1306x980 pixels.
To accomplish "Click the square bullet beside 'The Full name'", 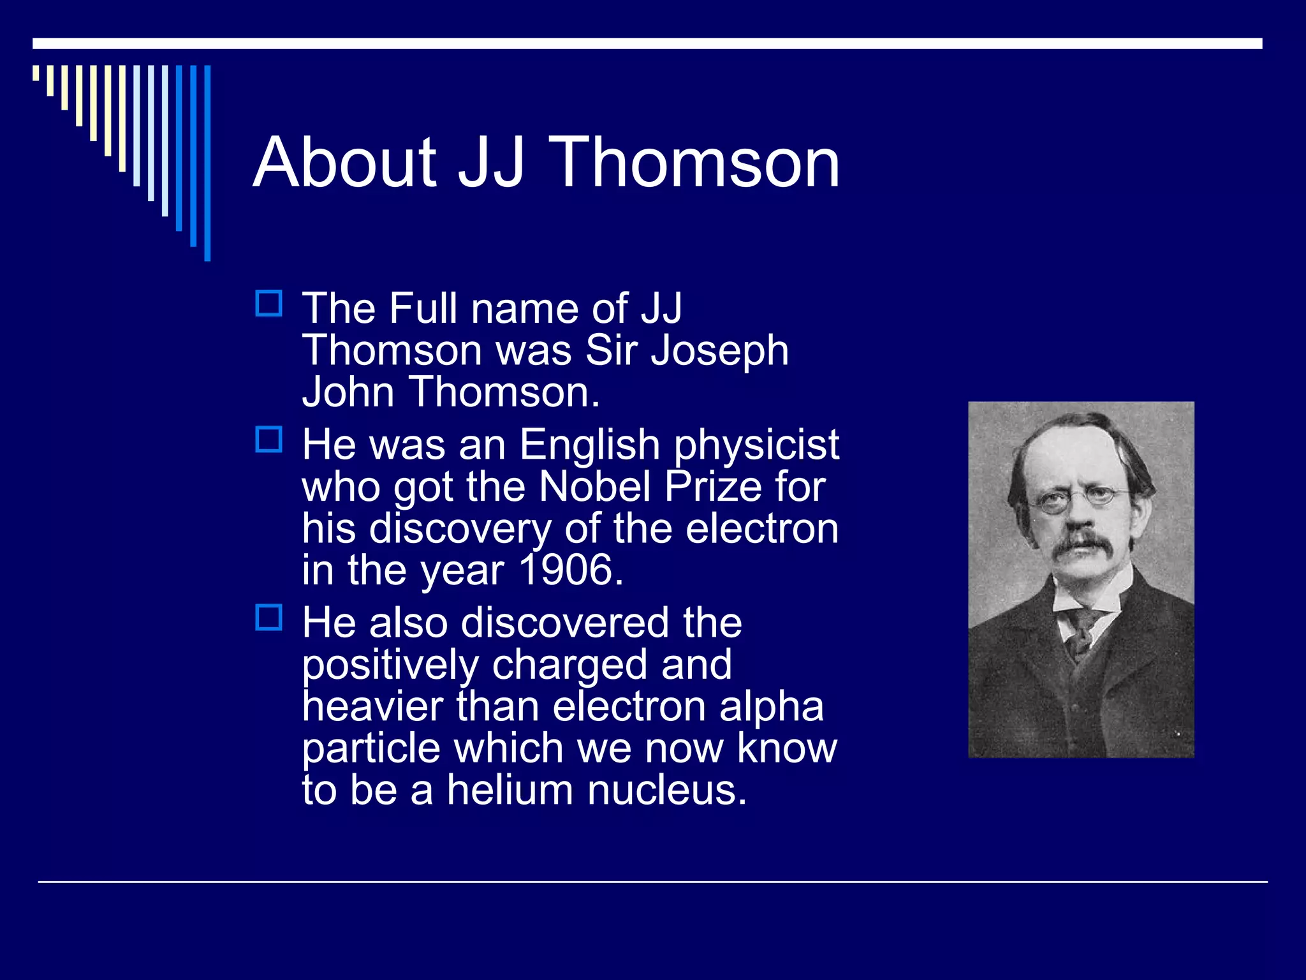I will [268, 304].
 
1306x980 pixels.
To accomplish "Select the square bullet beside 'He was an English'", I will [268, 440].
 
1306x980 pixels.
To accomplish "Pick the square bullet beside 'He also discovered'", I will [268, 618].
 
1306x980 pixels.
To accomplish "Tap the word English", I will [589, 444].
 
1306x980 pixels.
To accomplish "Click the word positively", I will [390, 665].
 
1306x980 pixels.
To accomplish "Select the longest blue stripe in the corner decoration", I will [207, 163].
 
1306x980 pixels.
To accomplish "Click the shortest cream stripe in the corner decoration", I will [36, 73].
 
